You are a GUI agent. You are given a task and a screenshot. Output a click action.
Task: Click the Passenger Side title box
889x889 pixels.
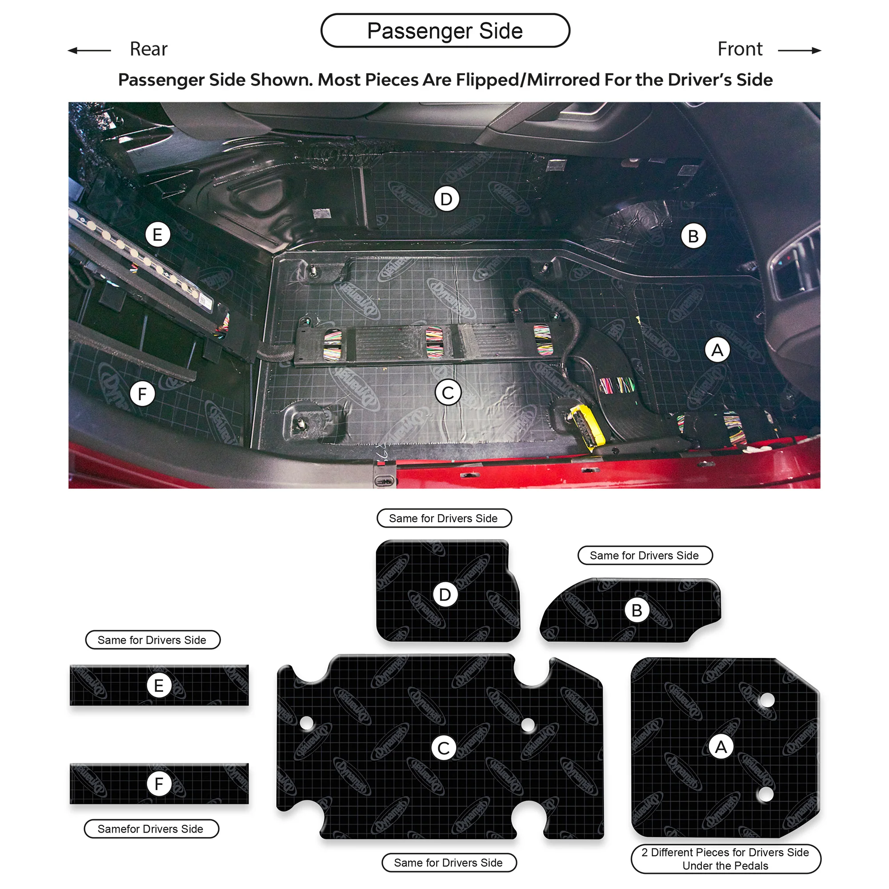point(445,30)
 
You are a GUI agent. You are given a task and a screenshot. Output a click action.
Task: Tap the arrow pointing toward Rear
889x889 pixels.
point(89,50)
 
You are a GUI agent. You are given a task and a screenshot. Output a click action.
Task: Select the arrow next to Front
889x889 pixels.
point(799,50)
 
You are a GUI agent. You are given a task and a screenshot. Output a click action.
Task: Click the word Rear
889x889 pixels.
point(148,49)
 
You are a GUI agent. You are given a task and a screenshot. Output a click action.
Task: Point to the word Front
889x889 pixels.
point(740,49)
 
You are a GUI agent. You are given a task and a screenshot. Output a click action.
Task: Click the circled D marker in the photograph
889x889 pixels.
point(446,199)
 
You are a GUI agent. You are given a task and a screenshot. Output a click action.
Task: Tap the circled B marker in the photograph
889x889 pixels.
point(693,236)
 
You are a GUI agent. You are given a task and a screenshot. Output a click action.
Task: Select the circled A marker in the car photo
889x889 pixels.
point(717,350)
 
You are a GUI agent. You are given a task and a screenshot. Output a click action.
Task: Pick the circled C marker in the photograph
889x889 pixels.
point(448,392)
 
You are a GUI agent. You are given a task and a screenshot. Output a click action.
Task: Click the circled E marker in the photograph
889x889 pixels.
point(157,235)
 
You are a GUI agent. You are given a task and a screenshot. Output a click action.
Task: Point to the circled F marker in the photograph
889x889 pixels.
point(142,394)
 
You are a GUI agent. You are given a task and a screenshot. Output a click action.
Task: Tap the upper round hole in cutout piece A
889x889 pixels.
point(767,701)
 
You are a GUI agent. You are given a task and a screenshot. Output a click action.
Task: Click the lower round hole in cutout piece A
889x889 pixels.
point(765,794)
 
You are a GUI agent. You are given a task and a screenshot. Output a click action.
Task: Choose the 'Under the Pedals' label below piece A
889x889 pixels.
point(725,865)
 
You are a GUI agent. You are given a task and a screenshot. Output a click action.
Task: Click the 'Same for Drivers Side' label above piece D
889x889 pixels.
point(444,518)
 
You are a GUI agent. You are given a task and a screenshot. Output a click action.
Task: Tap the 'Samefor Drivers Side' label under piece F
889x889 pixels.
point(152,829)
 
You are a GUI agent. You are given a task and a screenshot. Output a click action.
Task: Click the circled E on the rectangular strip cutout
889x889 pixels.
point(159,685)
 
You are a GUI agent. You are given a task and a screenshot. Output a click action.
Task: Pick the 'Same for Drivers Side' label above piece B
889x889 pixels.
point(645,555)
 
